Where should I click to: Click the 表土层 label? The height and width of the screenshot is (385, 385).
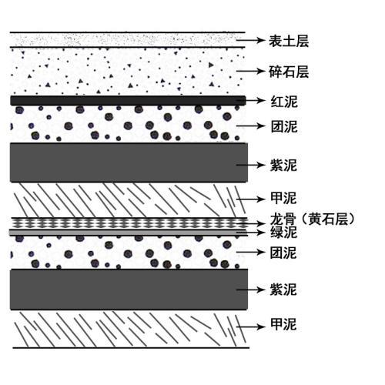[289, 41]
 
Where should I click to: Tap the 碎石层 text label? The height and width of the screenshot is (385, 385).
[289, 72]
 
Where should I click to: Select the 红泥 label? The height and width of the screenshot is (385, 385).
[284, 102]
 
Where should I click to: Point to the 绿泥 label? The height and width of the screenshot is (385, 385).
[283, 233]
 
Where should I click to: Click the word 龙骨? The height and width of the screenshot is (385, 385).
[283, 219]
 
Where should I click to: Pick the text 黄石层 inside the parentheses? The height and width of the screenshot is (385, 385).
[328, 219]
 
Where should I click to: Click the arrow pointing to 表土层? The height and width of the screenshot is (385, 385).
[250, 40]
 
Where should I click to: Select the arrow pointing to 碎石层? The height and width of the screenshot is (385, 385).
[250, 71]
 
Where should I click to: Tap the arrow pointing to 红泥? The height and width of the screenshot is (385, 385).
[250, 100]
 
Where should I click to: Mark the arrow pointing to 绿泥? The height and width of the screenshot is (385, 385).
[250, 233]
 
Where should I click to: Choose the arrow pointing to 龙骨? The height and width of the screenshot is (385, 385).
[250, 224]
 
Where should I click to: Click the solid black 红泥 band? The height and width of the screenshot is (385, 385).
[128, 101]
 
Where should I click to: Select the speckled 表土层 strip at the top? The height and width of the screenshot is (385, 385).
[128, 40]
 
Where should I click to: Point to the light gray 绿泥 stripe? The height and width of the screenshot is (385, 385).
[129, 233]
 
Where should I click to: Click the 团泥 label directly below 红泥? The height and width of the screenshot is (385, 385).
[284, 126]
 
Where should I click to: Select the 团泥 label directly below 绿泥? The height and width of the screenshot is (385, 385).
[283, 253]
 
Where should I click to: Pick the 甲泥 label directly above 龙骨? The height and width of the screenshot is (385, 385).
[283, 198]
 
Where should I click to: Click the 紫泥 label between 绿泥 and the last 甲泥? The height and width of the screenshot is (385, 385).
[283, 290]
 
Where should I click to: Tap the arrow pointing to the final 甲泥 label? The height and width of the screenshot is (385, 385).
[250, 326]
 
